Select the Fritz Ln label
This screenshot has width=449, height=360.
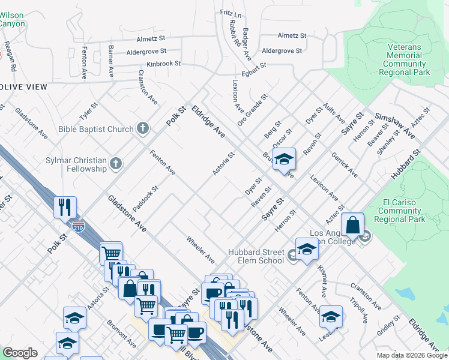click(231, 13)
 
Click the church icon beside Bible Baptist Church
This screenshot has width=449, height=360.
click(142, 128)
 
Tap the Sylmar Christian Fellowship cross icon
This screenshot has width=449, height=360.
click(116, 163)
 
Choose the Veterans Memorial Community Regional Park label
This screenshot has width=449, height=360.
click(404, 59)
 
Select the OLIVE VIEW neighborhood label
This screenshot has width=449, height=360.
click(23, 87)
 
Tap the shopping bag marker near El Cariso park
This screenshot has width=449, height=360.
click(354, 226)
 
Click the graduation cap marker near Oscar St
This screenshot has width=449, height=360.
click(284, 159)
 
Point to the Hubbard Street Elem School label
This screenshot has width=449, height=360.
click(256, 256)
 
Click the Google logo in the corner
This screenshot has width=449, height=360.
click(20, 353)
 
